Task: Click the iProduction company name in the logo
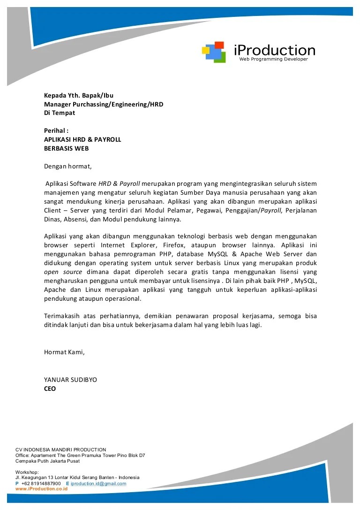tap(274, 50)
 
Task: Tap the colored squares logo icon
tap(214, 52)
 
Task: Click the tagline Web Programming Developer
tap(274, 60)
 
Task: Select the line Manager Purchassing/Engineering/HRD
tap(104, 104)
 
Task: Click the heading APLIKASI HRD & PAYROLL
tap(82, 139)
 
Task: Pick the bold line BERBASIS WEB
tap(66, 148)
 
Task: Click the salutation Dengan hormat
tap(68, 166)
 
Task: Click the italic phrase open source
tap(63, 272)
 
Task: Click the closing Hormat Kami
tap(65, 351)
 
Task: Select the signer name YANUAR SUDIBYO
tap(70, 380)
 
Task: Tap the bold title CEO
tap(50, 388)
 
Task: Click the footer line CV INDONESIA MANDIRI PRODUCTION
tap(61, 449)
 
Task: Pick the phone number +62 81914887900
tap(41, 483)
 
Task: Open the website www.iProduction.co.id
tap(42, 488)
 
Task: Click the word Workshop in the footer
tap(27, 472)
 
